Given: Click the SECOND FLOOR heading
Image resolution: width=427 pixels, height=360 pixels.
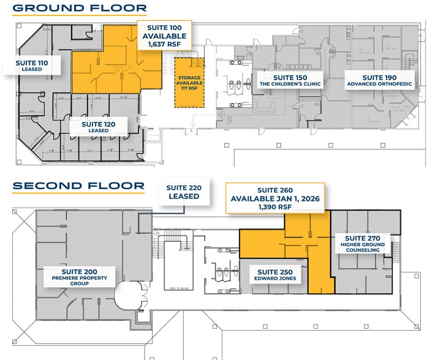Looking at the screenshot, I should tap(78, 186).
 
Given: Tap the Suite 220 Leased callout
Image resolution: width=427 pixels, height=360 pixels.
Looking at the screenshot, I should tap(184, 192).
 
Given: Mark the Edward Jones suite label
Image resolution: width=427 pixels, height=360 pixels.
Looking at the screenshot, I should tap(276, 276).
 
